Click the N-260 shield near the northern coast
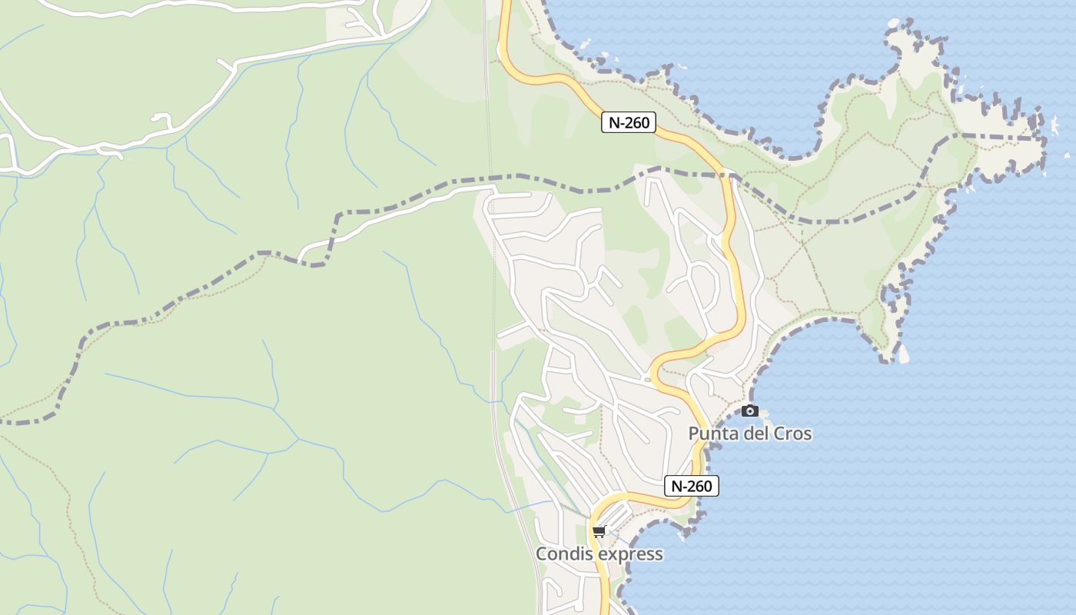point(628,122)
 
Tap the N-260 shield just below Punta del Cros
point(691,486)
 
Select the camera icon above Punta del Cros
point(750,411)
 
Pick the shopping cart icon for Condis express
point(599,531)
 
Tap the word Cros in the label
point(792,434)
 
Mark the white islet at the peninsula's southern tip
point(904,354)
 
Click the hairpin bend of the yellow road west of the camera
point(654,373)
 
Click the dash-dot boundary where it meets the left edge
point(3,421)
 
